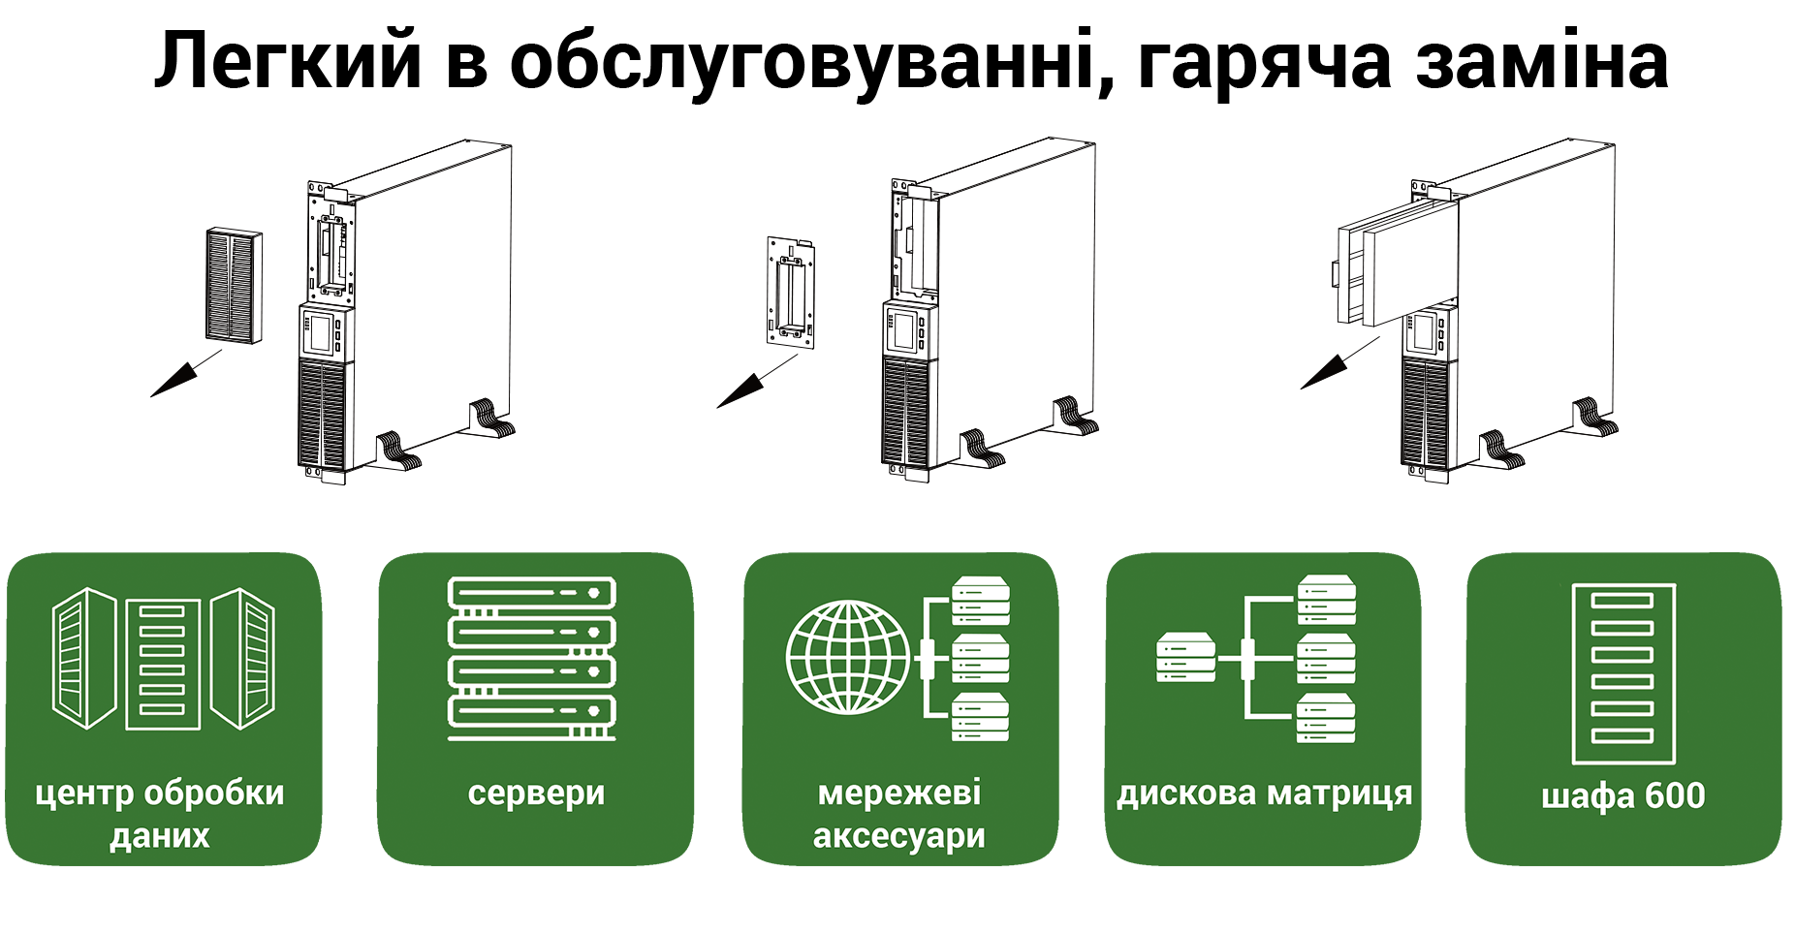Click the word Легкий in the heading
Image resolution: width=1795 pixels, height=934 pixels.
(x=288, y=63)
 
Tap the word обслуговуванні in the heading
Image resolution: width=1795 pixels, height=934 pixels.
(x=809, y=63)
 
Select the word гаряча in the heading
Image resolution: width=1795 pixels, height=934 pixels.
(x=1262, y=63)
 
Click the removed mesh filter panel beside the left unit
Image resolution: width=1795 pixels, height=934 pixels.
(x=235, y=285)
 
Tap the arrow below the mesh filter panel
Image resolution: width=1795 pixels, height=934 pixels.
(x=185, y=374)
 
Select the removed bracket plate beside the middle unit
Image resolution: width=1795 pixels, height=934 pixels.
(x=790, y=291)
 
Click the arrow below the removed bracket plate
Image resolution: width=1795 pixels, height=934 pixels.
(x=755, y=382)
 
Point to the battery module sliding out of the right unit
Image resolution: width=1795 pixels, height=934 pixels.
(x=1396, y=262)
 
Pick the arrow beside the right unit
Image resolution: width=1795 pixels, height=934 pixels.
(x=1338, y=364)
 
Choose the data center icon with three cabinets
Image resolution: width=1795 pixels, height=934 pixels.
(x=163, y=659)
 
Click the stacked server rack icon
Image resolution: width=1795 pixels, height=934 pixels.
(x=532, y=659)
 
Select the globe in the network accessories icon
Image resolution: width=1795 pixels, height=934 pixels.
(x=847, y=657)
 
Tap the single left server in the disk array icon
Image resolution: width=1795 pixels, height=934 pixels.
(x=1185, y=658)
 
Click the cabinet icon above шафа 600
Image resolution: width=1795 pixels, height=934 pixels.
(x=1622, y=673)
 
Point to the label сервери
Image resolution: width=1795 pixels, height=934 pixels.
(x=536, y=794)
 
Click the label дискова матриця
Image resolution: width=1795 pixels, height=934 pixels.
(x=1264, y=794)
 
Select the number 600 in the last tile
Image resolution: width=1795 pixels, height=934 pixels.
(x=1675, y=795)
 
